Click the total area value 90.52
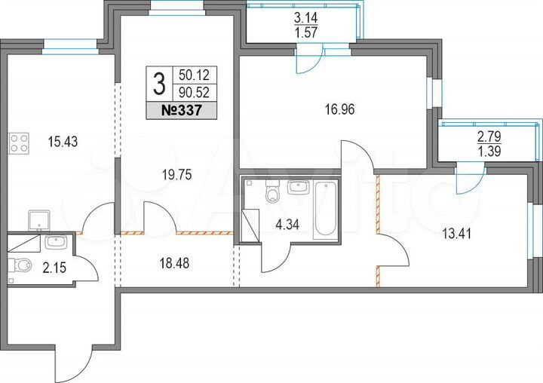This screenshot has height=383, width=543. (x=194, y=93)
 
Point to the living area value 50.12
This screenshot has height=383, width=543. (x=194, y=76)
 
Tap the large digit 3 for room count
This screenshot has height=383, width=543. (x=158, y=84)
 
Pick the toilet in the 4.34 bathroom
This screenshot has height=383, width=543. (x=272, y=195)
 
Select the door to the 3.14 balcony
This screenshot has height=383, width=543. (x=310, y=60)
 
